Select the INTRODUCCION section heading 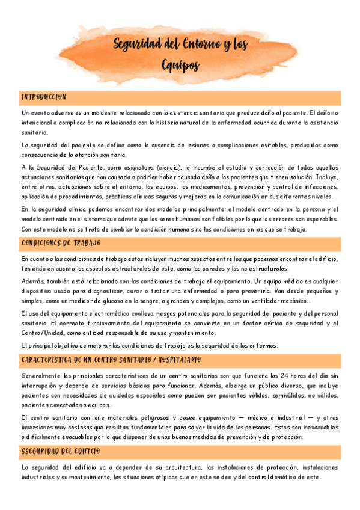click(44, 97)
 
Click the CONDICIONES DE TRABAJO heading click(61, 243)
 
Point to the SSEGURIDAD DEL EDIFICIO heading click(61, 451)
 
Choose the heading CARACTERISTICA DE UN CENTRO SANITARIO click(111, 360)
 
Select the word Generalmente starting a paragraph click(41, 375)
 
